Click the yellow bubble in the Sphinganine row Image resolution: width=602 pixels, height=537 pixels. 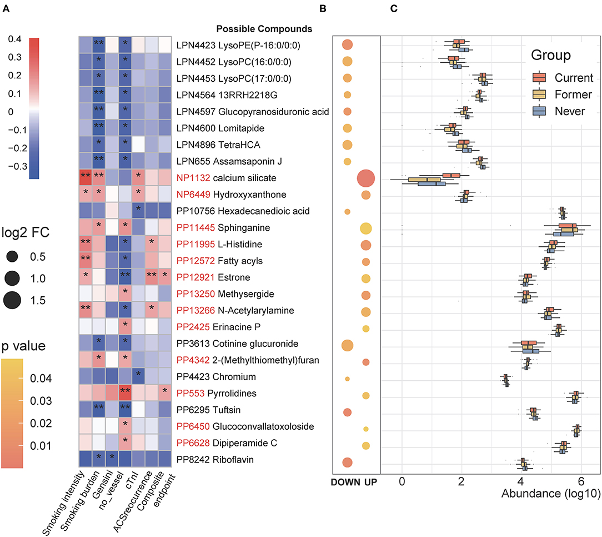pyautogui.click(x=366, y=228)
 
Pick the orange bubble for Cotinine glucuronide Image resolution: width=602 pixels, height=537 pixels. pyautogui.click(x=347, y=345)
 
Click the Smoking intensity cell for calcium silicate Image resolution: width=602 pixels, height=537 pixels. pyautogui.click(x=85, y=178)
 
